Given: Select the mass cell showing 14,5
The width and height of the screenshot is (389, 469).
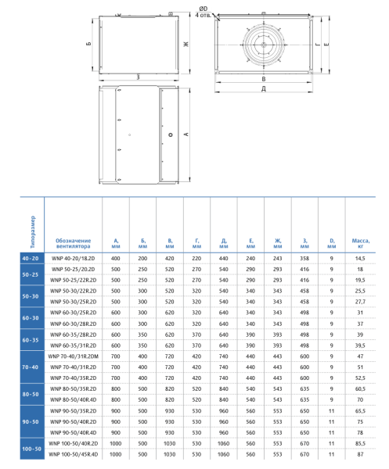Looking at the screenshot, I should click(x=361, y=258).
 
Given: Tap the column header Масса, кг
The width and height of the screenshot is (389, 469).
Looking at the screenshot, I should click(x=361, y=243).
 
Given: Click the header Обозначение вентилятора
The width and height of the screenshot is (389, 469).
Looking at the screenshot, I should click(x=74, y=243).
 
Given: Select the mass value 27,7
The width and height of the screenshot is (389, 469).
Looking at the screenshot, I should click(x=361, y=301).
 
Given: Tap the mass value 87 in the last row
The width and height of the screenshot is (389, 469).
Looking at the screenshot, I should click(x=361, y=454).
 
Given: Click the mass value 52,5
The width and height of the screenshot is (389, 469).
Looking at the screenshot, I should click(x=361, y=378).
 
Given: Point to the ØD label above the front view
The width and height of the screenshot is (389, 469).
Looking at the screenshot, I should click(x=204, y=8).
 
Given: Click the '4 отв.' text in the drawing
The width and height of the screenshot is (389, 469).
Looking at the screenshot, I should click(x=202, y=15).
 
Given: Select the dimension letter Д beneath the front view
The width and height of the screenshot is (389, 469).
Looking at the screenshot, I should click(x=264, y=88).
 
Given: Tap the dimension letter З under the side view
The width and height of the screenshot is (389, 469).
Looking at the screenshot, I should click(x=138, y=77).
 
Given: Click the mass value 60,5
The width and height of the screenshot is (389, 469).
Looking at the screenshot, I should click(x=361, y=388).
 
